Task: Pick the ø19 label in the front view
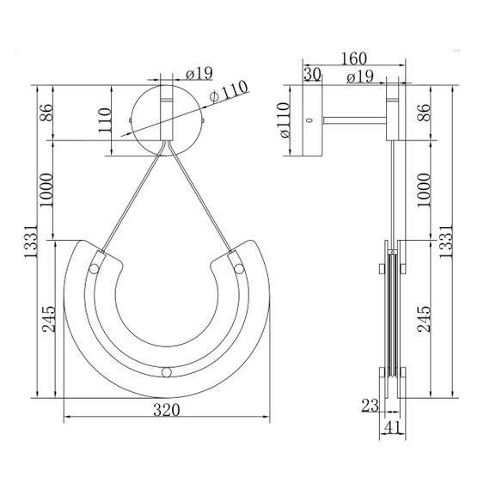[x=199, y=73]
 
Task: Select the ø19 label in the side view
[x=358, y=77]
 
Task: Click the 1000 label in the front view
[x=46, y=191]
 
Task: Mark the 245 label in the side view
[x=423, y=319]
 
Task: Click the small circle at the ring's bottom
[x=166, y=372]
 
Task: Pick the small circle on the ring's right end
[x=239, y=270]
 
